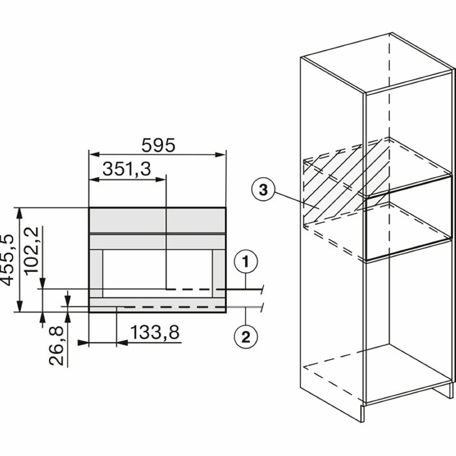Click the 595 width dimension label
point(159,145)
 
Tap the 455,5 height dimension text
point(7,260)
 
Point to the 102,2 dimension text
point(32,250)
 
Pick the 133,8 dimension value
point(155,332)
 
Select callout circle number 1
point(246,262)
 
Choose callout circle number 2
point(246,337)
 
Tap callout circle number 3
point(263,191)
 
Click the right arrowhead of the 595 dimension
point(221,154)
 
